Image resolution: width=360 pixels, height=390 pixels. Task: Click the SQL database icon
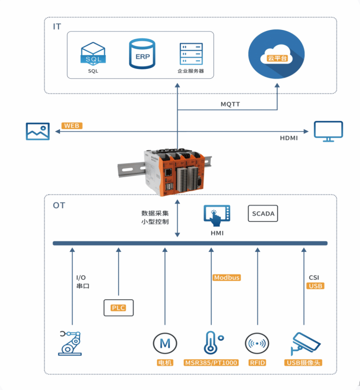(93, 54)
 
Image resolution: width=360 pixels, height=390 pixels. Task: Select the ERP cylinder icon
(142, 54)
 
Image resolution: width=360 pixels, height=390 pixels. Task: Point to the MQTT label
(230, 104)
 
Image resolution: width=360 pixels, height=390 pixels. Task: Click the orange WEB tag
(72, 126)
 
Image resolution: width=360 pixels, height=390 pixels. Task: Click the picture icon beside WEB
(37, 132)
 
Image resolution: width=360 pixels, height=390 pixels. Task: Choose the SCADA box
(263, 213)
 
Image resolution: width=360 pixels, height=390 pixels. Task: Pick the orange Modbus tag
(226, 278)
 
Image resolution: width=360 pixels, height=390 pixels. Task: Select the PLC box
(118, 308)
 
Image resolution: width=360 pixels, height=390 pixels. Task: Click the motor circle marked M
(165, 344)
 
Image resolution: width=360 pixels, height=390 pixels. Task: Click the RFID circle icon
(257, 344)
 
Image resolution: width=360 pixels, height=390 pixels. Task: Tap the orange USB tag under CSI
(315, 286)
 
